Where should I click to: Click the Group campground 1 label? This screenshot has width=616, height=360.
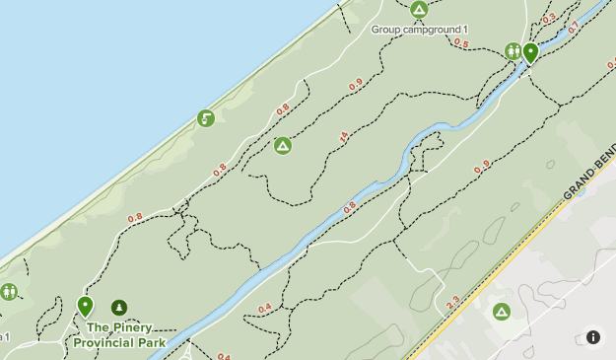(x=419, y=30)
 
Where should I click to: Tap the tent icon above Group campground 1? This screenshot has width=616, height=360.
(x=419, y=10)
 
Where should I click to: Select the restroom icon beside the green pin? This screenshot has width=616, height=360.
(x=513, y=51)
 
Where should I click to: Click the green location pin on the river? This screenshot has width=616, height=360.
(x=530, y=52)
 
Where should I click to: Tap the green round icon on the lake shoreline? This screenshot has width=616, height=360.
(x=205, y=119)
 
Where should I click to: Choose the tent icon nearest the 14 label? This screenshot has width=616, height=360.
(x=283, y=146)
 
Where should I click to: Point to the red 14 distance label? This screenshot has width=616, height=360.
(x=343, y=137)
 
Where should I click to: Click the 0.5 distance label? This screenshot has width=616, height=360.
(x=460, y=43)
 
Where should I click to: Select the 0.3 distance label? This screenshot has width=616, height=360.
(x=549, y=19)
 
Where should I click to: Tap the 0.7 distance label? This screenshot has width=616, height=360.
(x=574, y=28)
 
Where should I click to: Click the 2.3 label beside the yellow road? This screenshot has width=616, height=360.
(x=452, y=304)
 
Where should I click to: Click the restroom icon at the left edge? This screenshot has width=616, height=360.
(x=9, y=292)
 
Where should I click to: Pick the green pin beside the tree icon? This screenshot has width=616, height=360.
(x=85, y=306)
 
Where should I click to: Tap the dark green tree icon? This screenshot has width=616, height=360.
(x=119, y=308)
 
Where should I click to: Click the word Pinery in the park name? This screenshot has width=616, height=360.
(x=132, y=327)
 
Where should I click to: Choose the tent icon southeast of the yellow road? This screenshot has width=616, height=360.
(x=502, y=312)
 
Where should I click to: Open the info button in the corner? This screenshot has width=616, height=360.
(x=593, y=337)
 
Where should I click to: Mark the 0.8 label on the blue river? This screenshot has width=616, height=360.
(x=349, y=208)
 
